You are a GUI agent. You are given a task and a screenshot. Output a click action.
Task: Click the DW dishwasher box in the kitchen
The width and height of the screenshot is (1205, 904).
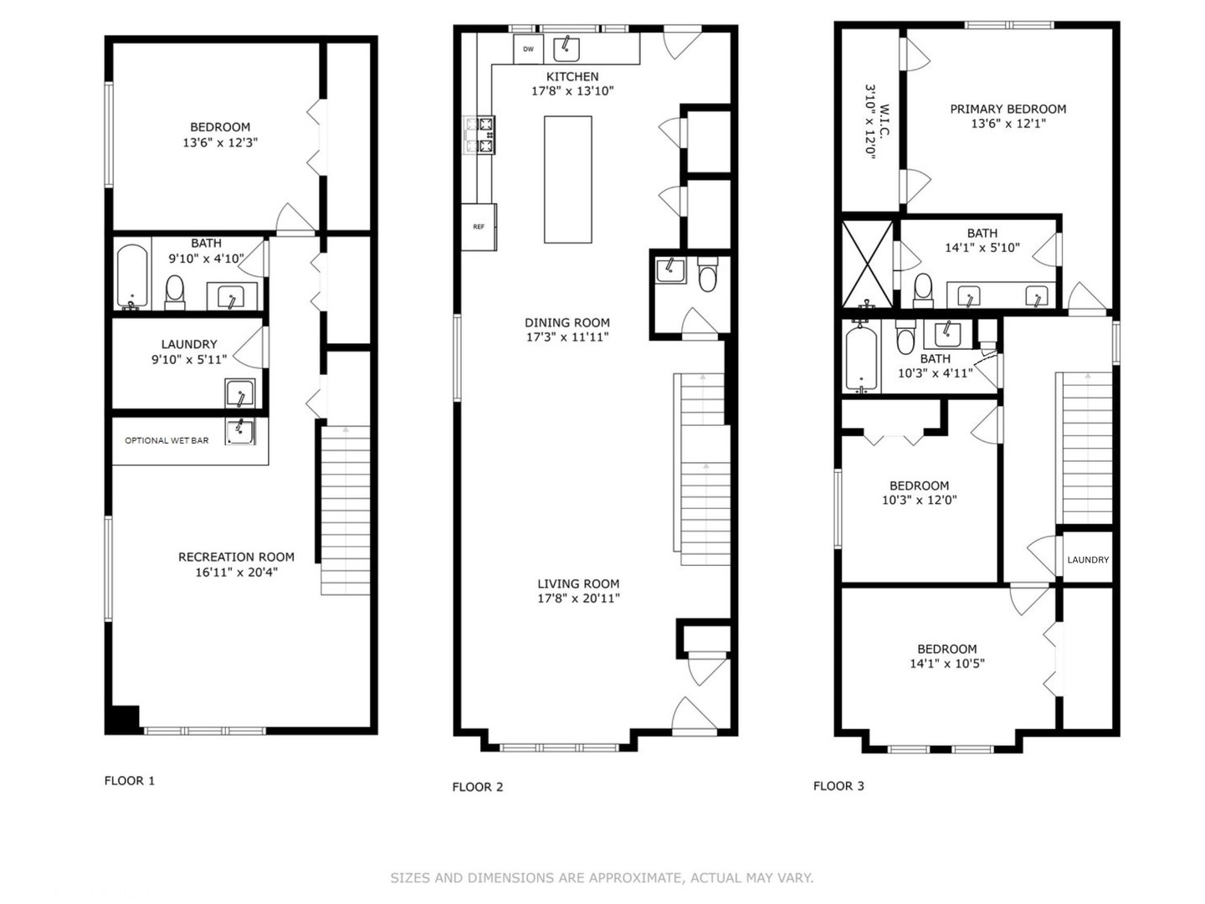coord(527,49)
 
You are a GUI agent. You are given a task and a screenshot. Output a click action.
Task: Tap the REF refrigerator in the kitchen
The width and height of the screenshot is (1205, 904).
coord(478,227)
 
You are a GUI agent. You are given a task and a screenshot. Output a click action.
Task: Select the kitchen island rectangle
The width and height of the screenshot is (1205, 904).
coord(567,179)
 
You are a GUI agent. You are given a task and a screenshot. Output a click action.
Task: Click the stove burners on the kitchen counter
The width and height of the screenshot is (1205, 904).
coord(479,135)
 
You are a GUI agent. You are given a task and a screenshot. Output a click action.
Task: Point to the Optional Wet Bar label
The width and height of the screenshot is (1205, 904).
coord(167,440)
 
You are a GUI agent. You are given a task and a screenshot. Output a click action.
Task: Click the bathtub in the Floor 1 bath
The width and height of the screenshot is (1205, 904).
coord(132,276)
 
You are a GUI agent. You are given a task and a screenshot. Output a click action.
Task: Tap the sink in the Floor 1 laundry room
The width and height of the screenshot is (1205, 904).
coord(240,393)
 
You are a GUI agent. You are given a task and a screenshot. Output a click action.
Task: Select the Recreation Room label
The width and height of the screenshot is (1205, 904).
coord(236,557)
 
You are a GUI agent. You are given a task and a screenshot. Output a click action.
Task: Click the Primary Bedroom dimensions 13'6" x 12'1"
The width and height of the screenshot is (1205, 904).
coord(1008,124)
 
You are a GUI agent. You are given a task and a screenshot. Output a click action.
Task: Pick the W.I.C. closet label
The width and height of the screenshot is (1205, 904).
coord(884,121)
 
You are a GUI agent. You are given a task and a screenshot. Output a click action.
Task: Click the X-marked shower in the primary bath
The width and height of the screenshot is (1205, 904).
coord(868,264)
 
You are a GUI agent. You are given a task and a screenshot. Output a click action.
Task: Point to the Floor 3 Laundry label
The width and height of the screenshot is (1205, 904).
coord(1088,560)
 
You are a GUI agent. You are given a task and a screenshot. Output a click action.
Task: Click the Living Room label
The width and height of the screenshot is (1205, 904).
coord(578,583)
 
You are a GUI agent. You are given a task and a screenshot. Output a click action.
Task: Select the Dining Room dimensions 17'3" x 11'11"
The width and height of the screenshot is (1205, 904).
coord(567,337)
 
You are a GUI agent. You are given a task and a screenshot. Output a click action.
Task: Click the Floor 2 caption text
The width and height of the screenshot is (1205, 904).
coord(477,787)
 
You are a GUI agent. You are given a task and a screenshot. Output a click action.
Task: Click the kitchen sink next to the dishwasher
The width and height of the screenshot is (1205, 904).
coord(566,49)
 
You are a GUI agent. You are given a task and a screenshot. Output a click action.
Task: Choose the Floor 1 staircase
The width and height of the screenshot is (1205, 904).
coord(345,511)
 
